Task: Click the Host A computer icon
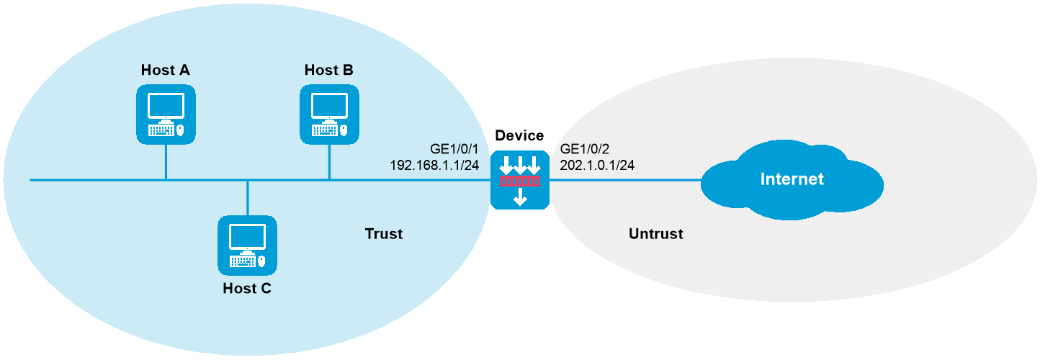(x=166, y=114)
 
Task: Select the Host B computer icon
(x=329, y=114)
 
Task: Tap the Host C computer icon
(x=247, y=246)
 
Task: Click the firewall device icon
(x=519, y=180)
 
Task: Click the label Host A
(x=166, y=70)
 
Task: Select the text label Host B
(x=328, y=70)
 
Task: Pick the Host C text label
(x=247, y=289)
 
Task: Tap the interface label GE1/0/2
(x=585, y=150)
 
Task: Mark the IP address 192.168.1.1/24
(x=434, y=166)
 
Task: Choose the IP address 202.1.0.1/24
(x=597, y=166)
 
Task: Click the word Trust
(x=384, y=234)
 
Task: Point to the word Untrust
(x=655, y=234)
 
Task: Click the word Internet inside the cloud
(x=792, y=179)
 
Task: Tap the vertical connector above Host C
(x=247, y=198)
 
